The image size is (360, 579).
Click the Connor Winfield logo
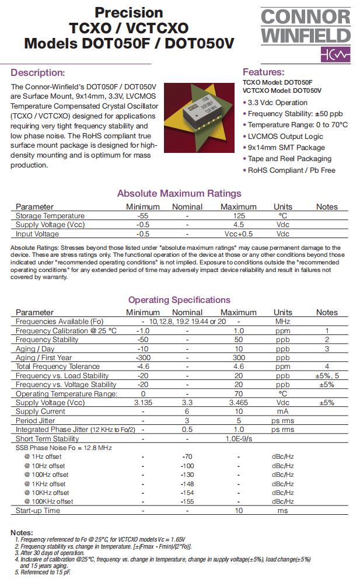click(306, 35)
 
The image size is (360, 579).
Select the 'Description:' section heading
click(38, 73)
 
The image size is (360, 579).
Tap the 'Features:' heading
click(263, 72)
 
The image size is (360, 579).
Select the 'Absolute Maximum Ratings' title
click(179, 194)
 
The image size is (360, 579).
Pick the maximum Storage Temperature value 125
click(238, 216)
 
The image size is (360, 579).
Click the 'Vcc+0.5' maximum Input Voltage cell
click(238, 234)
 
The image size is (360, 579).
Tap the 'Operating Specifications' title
click(179, 300)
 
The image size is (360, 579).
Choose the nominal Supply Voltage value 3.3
click(187, 403)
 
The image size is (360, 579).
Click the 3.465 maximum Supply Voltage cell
click(238, 403)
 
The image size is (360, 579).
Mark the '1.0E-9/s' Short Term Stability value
click(238, 439)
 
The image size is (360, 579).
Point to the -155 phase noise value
click(187, 501)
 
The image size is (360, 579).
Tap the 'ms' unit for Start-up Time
click(282, 511)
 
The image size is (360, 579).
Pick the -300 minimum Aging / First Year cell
click(142, 358)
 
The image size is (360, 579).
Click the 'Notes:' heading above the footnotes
click(22, 533)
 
